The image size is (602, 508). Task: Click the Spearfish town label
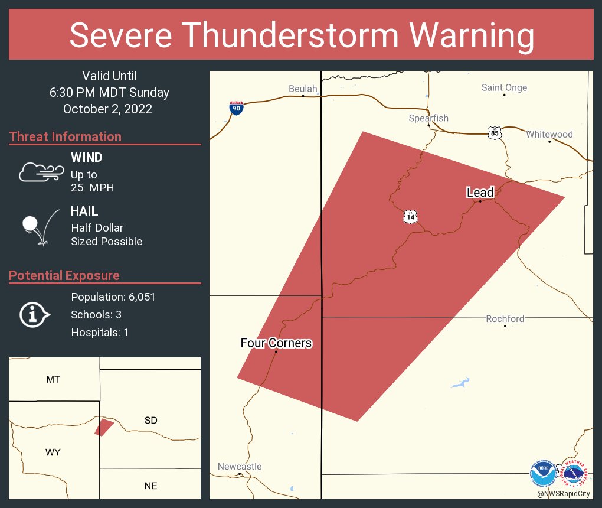pos(428,118)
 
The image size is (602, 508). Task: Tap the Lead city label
pos(479,193)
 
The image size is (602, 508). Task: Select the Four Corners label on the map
pos(276,343)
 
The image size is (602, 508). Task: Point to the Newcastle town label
pos(239,467)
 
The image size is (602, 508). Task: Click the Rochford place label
pos(505,319)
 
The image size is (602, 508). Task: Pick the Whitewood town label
pos(549,135)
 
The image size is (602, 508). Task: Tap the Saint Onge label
pos(504,88)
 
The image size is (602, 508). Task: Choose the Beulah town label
pos(303,89)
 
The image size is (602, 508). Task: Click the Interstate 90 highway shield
pos(236,108)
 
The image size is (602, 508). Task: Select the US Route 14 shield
pos(411,217)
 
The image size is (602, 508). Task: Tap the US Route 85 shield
pos(494,133)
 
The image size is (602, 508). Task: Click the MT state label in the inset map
pos(53,380)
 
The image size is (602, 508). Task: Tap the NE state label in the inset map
pos(150,486)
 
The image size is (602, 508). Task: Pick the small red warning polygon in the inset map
pos(104,427)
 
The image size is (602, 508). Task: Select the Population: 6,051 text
pos(113,297)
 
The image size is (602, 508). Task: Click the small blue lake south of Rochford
pos(460,383)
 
